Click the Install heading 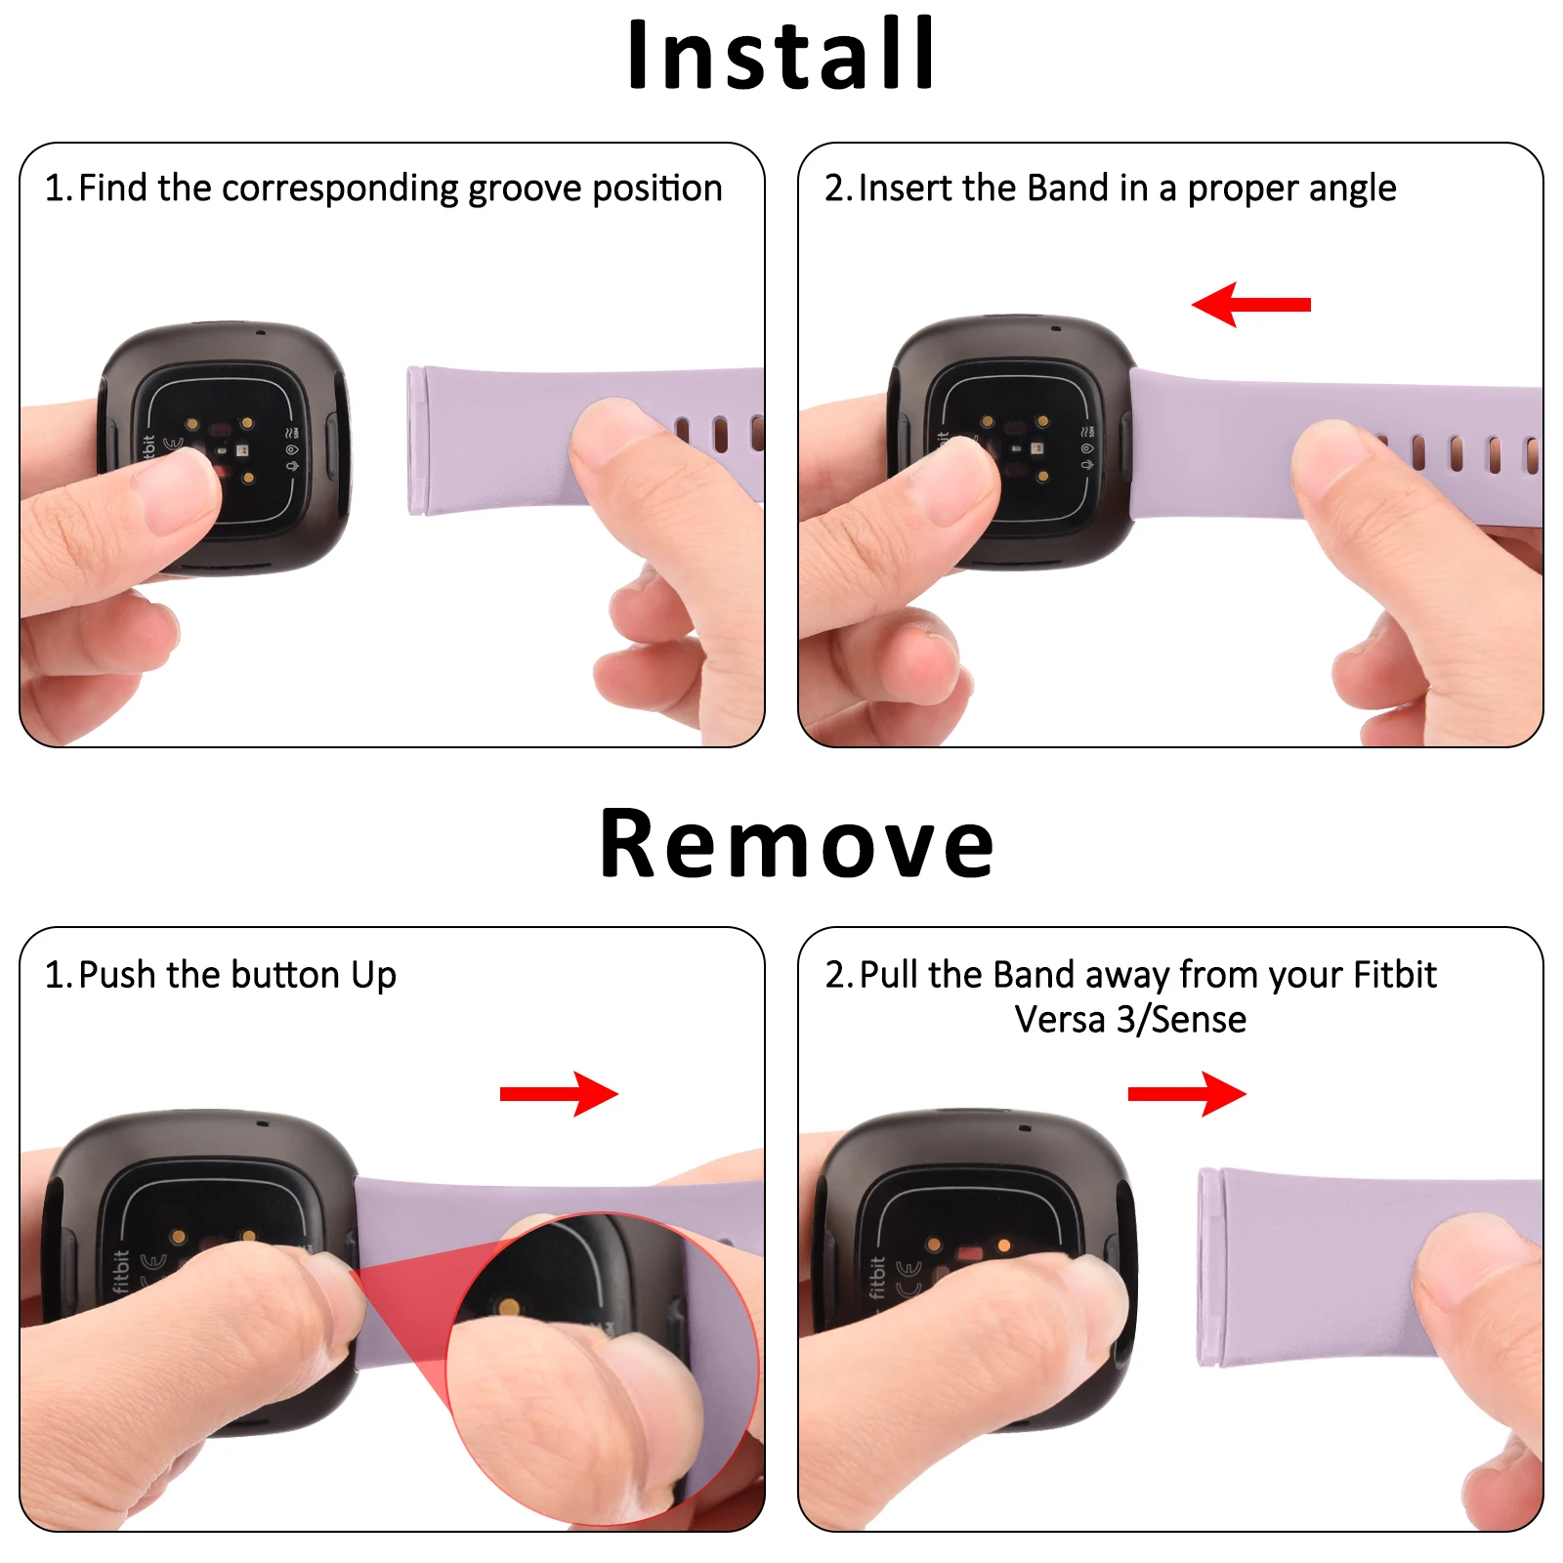pyautogui.click(x=781, y=56)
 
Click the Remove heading pyautogui.click(x=796, y=844)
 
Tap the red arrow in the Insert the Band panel pyautogui.click(x=1250, y=305)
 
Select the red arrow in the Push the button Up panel pyautogui.click(x=559, y=1094)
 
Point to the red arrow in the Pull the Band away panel pyautogui.click(x=1187, y=1094)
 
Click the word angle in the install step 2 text pyautogui.click(x=1352, y=189)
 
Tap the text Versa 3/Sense pyautogui.click(x=1130, y=1020)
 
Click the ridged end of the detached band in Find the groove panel pyautogui.click(x=416, y=441)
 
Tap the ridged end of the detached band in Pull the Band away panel pyautogui.click(x=1209, y=1267)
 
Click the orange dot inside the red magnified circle pyautogui.click(x=508, y=1307)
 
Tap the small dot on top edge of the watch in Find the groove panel pyautogui.click(x=260, y=332)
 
